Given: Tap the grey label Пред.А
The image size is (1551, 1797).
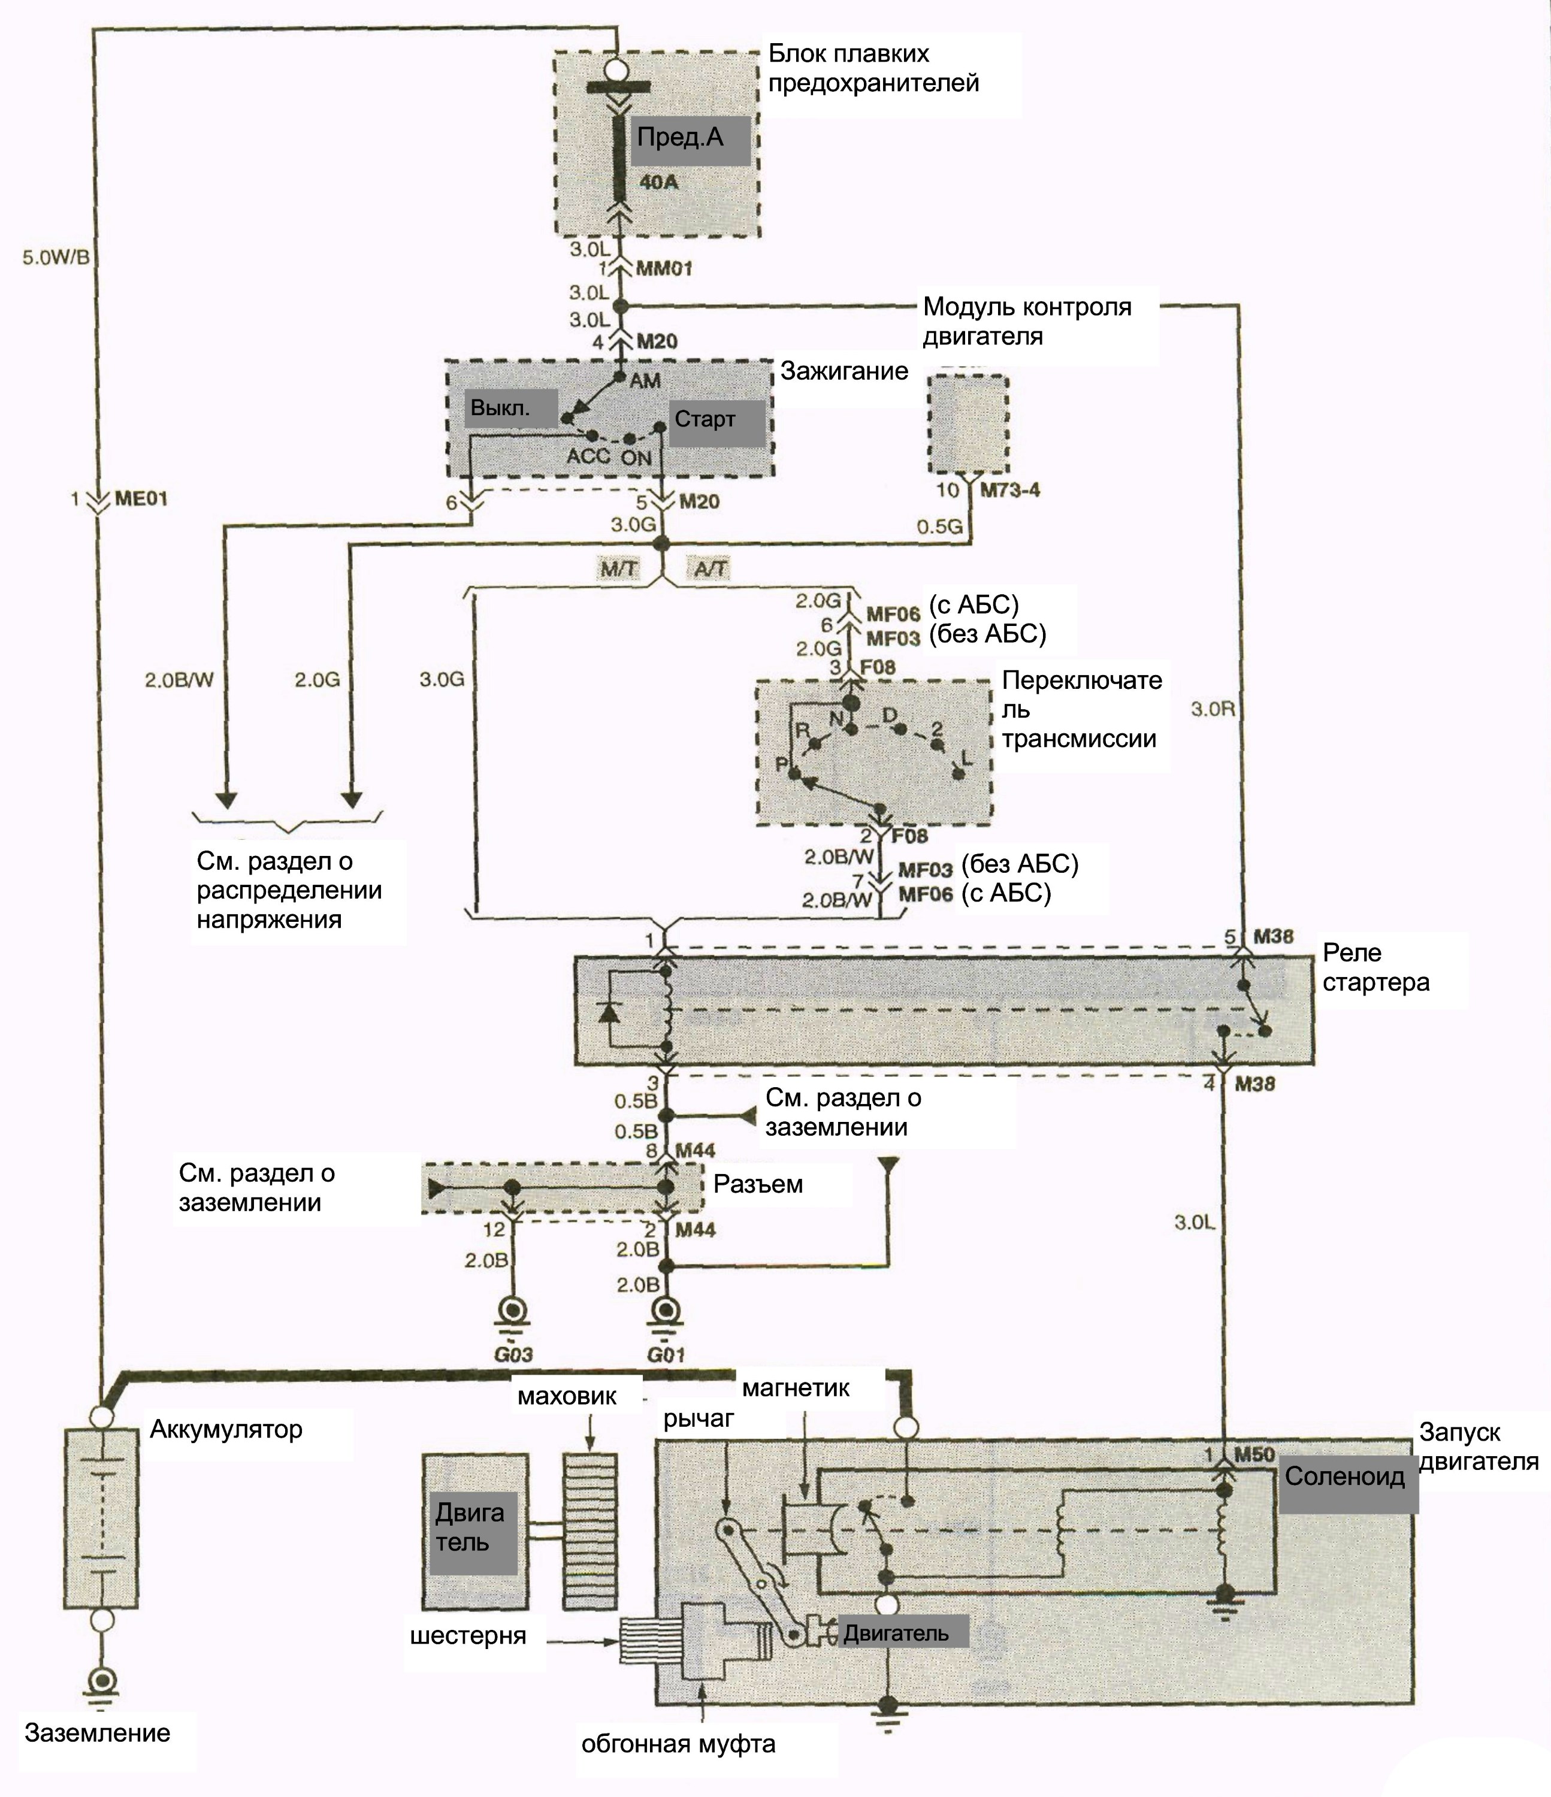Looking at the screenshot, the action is [x=690, y=141].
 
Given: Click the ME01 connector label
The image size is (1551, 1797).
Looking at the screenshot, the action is [x=141, y=500].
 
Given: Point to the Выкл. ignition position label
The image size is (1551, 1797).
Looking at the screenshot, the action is [x=511, y=408].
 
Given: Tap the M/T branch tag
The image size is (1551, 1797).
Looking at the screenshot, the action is [x=619, y=569].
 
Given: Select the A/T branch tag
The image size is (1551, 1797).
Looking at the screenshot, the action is [x=711, y=569].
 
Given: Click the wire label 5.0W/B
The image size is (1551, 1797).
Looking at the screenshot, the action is [x=56, y=258].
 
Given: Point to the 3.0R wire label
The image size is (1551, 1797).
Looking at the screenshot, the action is [x=1213, y=709].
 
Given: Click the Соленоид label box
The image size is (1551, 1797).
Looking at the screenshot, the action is [x=1348, y=1478].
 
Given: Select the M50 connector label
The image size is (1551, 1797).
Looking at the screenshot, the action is [x=1254, y=1454].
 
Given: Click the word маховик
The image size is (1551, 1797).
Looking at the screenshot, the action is [x=567, y=1396].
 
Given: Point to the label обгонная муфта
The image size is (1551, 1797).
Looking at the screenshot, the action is [x=678, y=1744].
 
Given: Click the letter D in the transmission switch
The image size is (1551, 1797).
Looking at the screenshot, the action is [x=889, y=715].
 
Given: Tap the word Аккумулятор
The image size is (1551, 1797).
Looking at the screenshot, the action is [x=225, y=1429].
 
